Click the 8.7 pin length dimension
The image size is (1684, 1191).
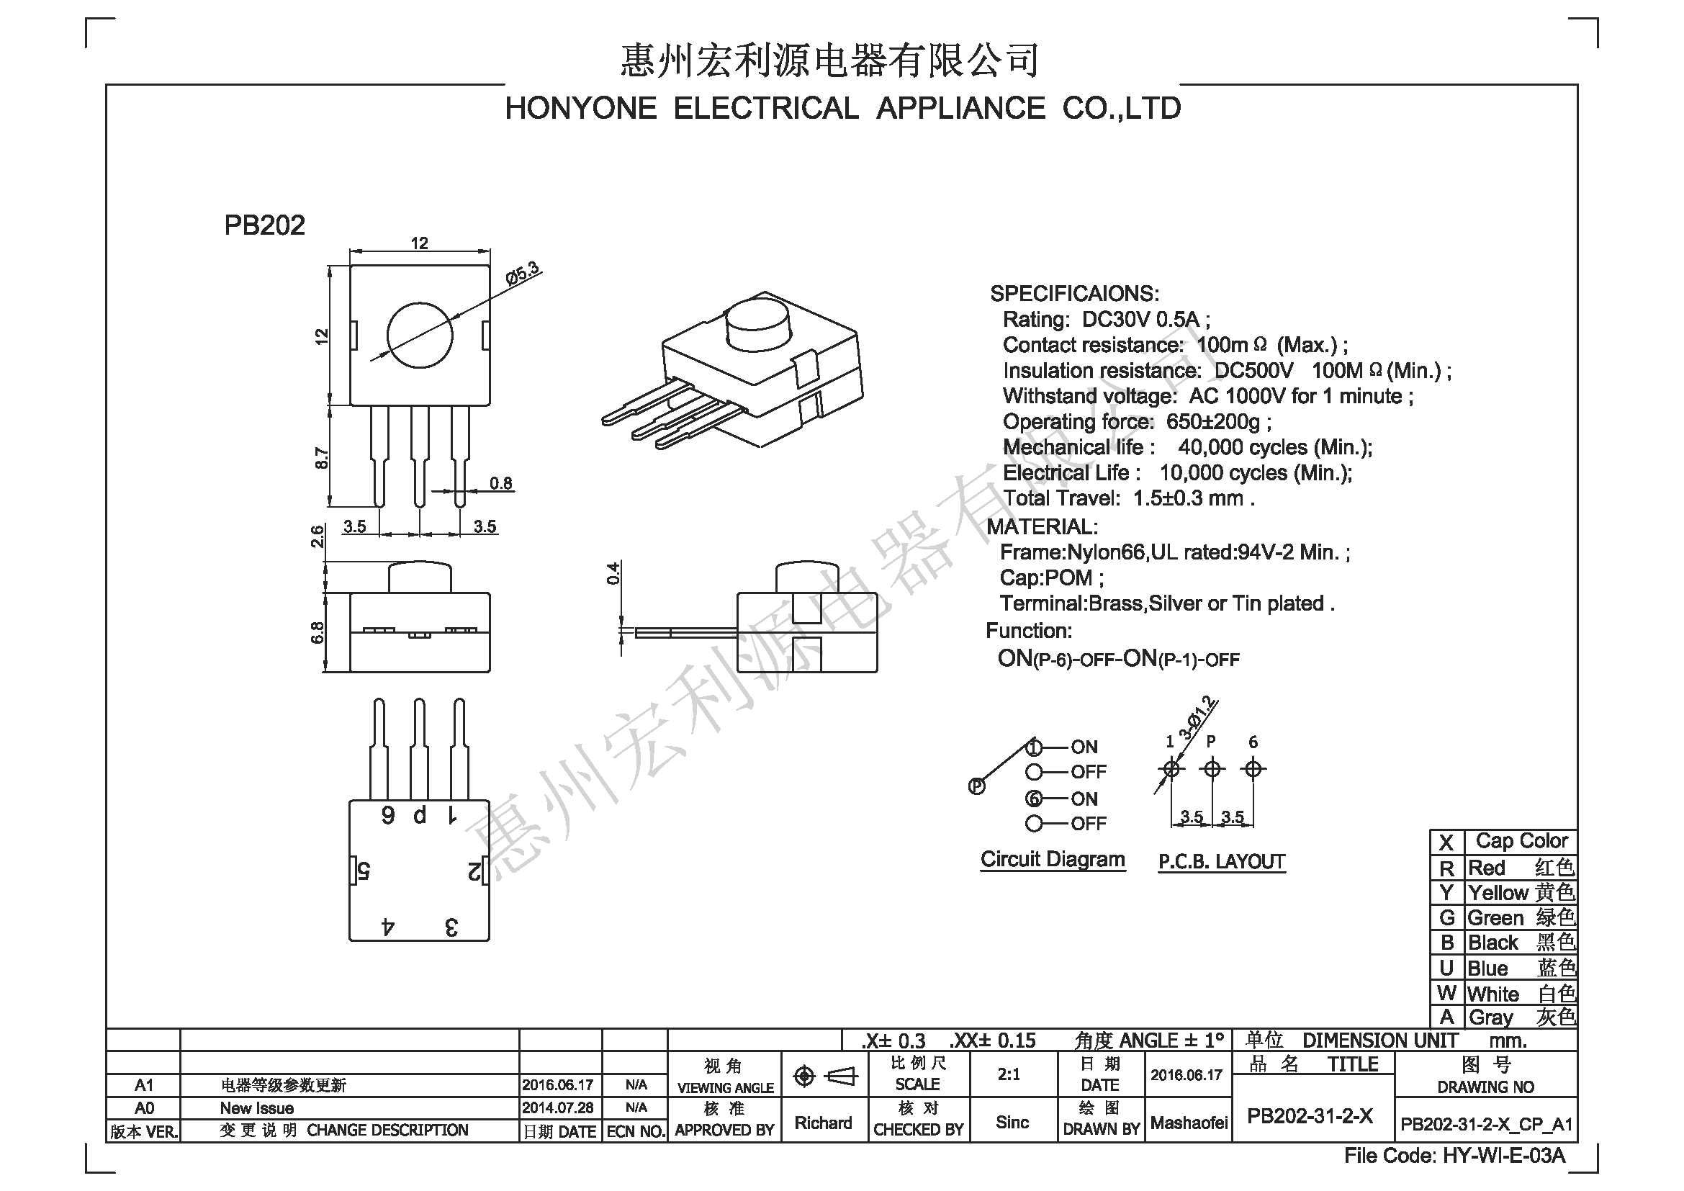(321, 459)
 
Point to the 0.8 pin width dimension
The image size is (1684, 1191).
(501, 483)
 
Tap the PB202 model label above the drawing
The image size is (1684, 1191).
(264, 225)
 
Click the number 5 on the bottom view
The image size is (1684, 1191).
(364, 871)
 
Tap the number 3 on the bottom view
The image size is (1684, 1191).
(452, 927)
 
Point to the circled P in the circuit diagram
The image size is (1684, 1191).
(976, 787)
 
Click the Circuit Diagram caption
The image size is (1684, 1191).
(1053, 860)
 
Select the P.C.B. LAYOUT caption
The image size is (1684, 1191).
(1221, 862)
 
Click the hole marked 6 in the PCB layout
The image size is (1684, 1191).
(1253, 769)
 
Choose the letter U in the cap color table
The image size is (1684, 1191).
(1446, 968)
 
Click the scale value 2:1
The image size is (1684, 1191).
(1009, 1074)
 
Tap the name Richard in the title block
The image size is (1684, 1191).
(824, 1123)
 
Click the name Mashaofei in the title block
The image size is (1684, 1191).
(1189, 1123)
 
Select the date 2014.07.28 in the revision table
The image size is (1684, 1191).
(558, 1107)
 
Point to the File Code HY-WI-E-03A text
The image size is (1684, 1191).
(1454, 1156)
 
